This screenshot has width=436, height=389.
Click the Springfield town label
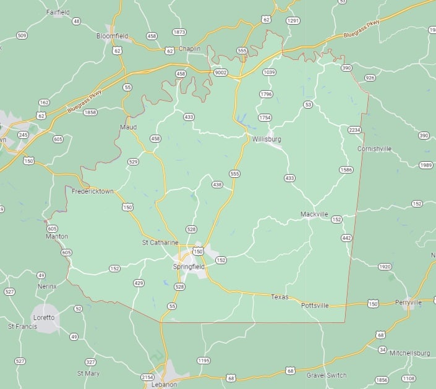tap(189, 267)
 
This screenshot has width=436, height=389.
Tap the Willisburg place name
tap(267, 139)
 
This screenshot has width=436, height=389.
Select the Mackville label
tap(314, 214)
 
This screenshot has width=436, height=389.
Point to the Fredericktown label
tap(93, 191)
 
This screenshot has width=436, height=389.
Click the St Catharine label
tap(160, 243)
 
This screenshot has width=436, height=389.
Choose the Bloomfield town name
tap(113, 36)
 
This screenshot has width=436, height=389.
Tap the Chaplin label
tap(190, 49)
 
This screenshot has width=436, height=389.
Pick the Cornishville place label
tap(374, 149)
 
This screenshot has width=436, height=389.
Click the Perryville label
tap(408, 303)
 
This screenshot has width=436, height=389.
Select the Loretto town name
tap(44, 317)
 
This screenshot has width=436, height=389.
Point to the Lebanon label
tap(164, 385)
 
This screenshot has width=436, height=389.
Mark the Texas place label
tap(280, 297)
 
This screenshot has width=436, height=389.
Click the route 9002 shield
tap(221, 72)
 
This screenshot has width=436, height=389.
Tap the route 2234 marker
tap(354, 130)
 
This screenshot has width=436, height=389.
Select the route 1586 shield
tap(346, 169)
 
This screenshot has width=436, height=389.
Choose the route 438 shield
tap(217, 184)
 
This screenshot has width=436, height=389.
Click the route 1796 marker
tap(266, 94)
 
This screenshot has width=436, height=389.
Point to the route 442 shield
tap(346, 238)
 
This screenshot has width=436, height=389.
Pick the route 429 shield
tap(139, 283)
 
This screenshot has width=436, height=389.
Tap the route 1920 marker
tap(385, 267)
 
